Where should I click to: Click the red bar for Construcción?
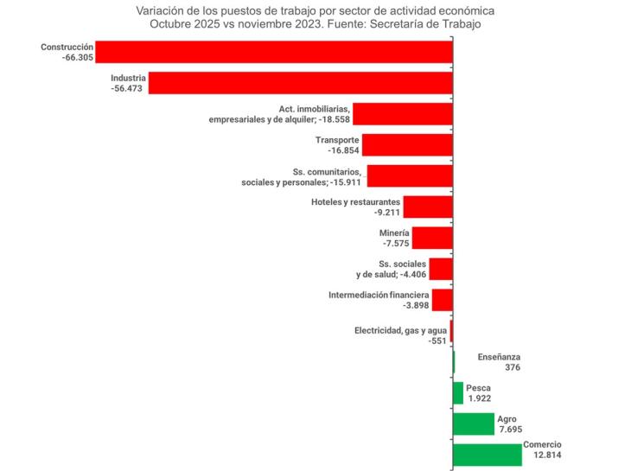[x=274, y=52]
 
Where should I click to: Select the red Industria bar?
[x=301, y=83]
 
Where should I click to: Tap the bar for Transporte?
[x=406, y=144]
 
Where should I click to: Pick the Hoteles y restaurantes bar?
[x=427, y=207]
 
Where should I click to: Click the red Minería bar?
[x=432, y=238]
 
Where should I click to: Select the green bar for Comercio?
[x=487, y=454]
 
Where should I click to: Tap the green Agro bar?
[x=473, y=423]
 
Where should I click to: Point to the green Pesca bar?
[x=458, y=393]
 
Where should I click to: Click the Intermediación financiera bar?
[x=442, y=300]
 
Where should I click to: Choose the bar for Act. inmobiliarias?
[x=402, y=114]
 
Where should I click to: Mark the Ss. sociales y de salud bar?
[x=441, y=269]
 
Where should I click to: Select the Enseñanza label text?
[x=499, y=356]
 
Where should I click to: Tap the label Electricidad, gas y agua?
[x=400, y=330]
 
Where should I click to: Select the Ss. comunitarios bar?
[x=410, y=176]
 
